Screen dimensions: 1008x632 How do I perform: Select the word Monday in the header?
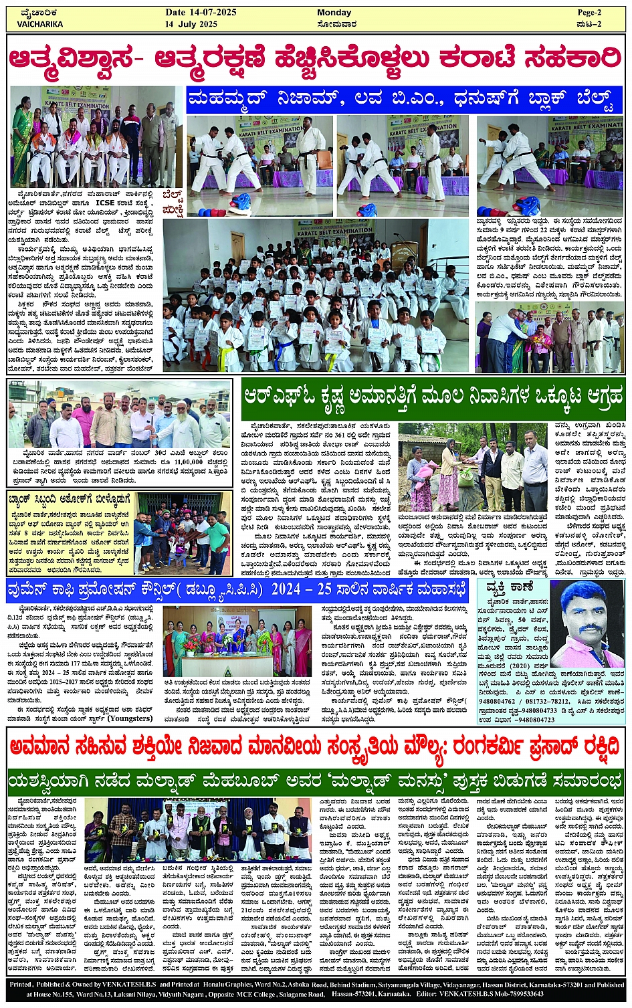334,13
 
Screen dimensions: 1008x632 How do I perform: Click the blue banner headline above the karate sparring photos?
404,100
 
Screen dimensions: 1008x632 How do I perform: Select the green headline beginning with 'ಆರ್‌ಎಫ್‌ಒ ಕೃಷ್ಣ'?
433,396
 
